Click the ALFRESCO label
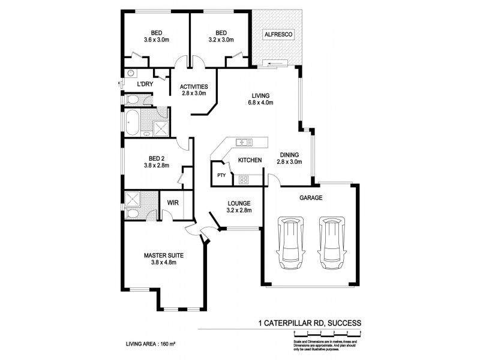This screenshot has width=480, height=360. [278, 35]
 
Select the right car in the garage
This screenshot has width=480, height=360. [332, 242]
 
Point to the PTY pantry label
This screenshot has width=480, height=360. [221, 176]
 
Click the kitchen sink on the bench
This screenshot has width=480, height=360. [244, 143]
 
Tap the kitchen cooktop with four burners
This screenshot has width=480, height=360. [244, 179]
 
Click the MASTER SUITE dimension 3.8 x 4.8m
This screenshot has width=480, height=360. [163, 263]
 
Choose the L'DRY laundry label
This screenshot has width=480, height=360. [145, 85]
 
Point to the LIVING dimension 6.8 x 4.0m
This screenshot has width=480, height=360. [261, 103]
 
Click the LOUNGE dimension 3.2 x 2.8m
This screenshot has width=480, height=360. [239, 211]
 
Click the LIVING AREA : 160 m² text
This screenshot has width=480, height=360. [149, 345]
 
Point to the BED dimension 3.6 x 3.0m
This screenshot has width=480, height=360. [157, 40]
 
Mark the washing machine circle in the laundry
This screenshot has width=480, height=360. [130, 73]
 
